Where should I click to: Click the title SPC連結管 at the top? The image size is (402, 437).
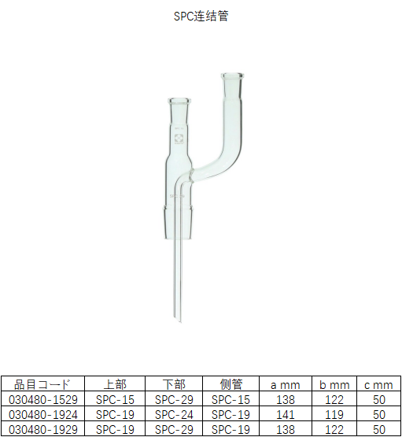tap(201, 16)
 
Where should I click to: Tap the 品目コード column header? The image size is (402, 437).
tap(42, 385)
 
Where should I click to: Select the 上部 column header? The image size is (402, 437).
tap(115, 385)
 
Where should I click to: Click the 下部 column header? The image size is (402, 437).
tap(174, 385)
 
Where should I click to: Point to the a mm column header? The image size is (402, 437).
tap(286, 385)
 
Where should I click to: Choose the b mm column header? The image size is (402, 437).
tap(334, 385)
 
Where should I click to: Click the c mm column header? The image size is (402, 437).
tap(378, 385)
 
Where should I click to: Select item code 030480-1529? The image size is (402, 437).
tap(42, 400)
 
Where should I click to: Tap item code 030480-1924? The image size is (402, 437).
tap(42, 414)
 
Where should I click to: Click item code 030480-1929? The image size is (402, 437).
tap(42, 429)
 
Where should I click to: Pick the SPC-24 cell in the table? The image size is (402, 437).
tap(174, 414)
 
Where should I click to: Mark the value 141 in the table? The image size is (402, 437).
tap(286, 414)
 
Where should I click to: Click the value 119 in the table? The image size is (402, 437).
tap(334, 414)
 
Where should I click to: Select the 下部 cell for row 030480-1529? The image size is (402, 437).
tap(174, 400)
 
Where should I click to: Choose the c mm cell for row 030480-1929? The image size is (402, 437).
tap(378, 429)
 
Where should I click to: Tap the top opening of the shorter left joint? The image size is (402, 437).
tap(180, 99)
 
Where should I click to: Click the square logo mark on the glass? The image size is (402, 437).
tap(179, 141)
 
